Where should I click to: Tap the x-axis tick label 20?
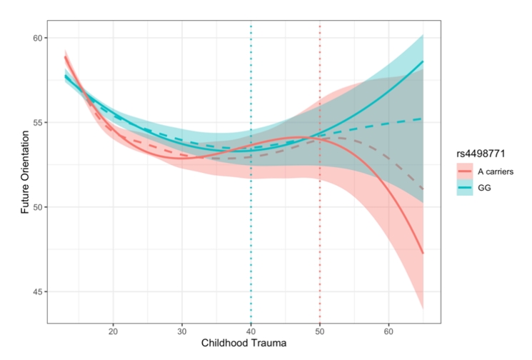click(113, 332)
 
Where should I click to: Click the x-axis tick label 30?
click(182, 332)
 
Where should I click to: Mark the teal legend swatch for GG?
click(465, 189)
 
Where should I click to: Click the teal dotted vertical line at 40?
click(251, 214)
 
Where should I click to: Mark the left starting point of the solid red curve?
click(65, 57)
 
